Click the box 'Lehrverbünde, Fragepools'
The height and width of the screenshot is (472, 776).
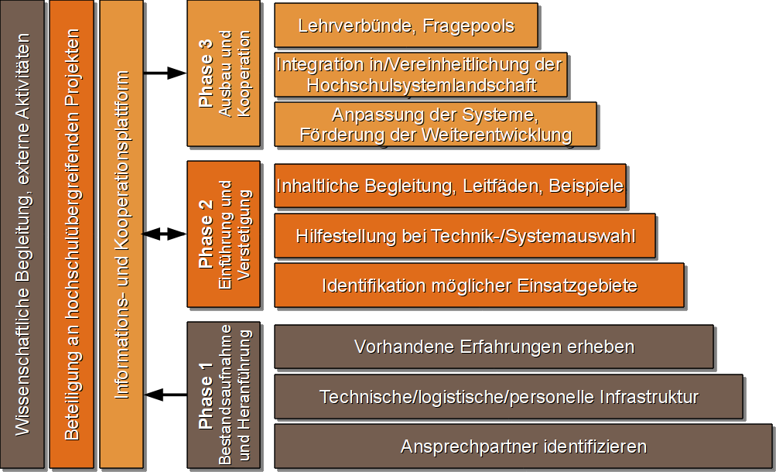(405, 26)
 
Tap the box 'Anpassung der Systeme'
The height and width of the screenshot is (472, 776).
(435, 125)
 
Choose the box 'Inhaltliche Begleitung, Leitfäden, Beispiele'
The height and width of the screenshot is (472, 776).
(450, 186)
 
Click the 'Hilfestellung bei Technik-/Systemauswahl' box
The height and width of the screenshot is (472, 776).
(464, 235)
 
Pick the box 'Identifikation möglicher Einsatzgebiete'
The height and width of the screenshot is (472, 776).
(479, 286)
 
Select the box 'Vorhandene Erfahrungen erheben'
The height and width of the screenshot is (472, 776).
(494, 347)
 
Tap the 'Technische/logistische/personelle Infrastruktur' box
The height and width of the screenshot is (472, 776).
(508, 397)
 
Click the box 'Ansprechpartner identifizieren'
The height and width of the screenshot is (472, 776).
(523, 446)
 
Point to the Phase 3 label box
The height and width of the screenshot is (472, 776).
(224, 74)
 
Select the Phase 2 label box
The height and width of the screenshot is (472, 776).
(224, 234)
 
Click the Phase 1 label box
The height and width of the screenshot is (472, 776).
(224, 395)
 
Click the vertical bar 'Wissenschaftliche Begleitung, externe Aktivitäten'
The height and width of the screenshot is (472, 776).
(22, 234)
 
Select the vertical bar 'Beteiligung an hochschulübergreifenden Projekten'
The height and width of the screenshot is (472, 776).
(71, 234)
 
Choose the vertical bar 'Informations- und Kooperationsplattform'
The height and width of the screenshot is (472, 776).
(121, 234)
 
